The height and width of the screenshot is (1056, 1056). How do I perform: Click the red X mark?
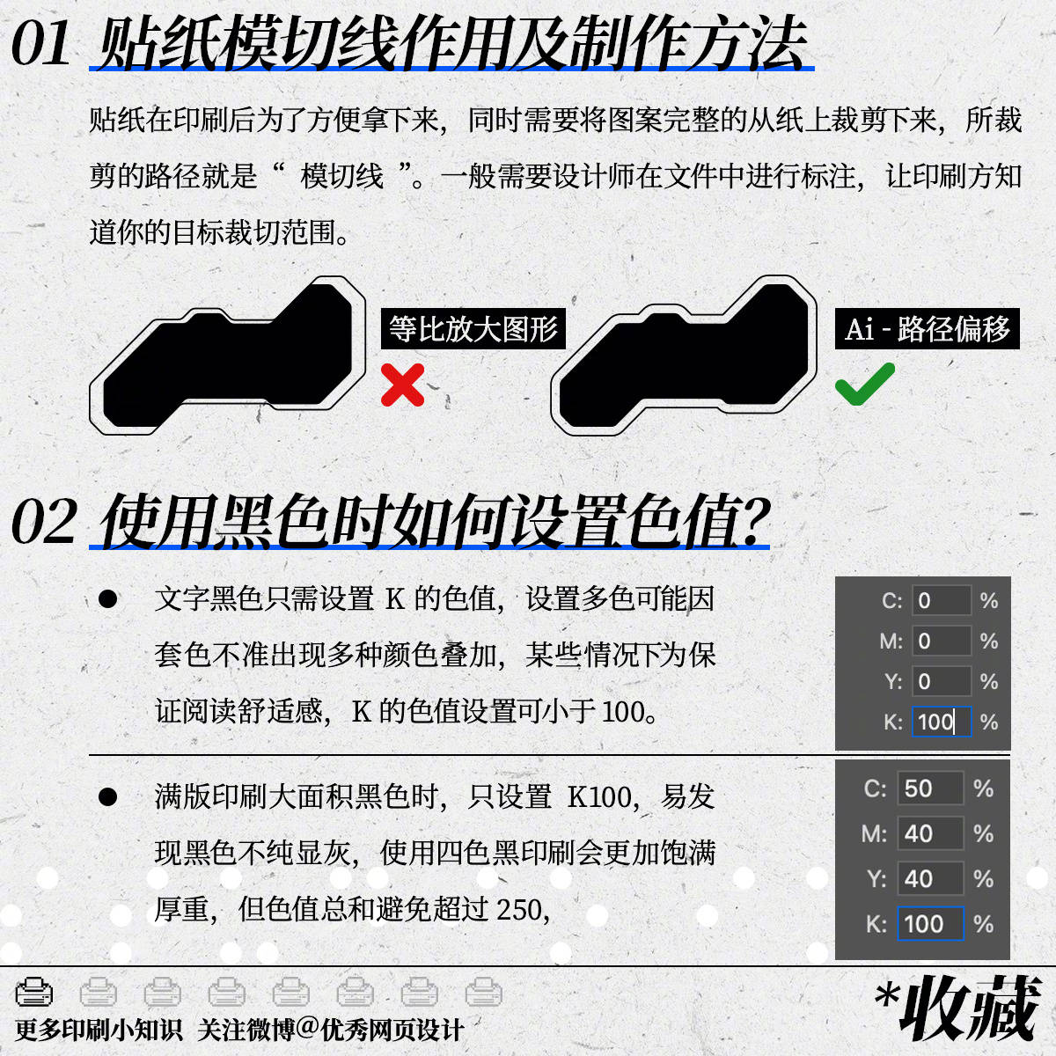[x=402, y=385]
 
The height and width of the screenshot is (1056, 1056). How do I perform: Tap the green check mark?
[x=865, y=384]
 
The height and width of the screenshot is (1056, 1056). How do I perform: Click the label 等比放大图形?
[x=473, y=329]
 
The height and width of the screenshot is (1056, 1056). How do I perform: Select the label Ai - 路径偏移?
[x=927, y=329]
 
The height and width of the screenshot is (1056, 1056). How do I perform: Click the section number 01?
[x=41, y=44]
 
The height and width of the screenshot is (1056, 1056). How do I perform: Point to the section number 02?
[x=44, y=522]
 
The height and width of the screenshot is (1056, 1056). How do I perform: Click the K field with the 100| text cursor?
[x=941, y=722]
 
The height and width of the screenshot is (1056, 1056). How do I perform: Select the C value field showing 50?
[x=929, y=788]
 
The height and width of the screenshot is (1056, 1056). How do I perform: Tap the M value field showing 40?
[x=929, y=833]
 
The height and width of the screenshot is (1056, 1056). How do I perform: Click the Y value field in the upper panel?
[x=941, y=682]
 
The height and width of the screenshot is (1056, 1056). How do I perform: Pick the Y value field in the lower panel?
[x=929, y=878]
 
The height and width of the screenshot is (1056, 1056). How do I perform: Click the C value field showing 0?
[x=941, y=601]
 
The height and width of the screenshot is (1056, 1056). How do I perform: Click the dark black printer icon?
[x=34, y=992]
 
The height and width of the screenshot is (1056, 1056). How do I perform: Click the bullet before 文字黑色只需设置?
[x=108, y=600]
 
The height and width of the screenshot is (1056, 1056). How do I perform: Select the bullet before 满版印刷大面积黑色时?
[x=108, y=797]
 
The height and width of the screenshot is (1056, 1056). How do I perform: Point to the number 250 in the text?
[x=520, y=909]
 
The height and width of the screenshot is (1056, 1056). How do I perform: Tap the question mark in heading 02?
[x=750, y=522]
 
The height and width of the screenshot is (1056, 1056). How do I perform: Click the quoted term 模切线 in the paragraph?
[x=342, y=176]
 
